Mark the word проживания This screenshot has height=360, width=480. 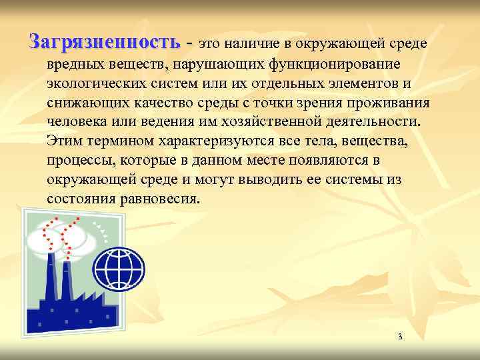click(x=386, y=105)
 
